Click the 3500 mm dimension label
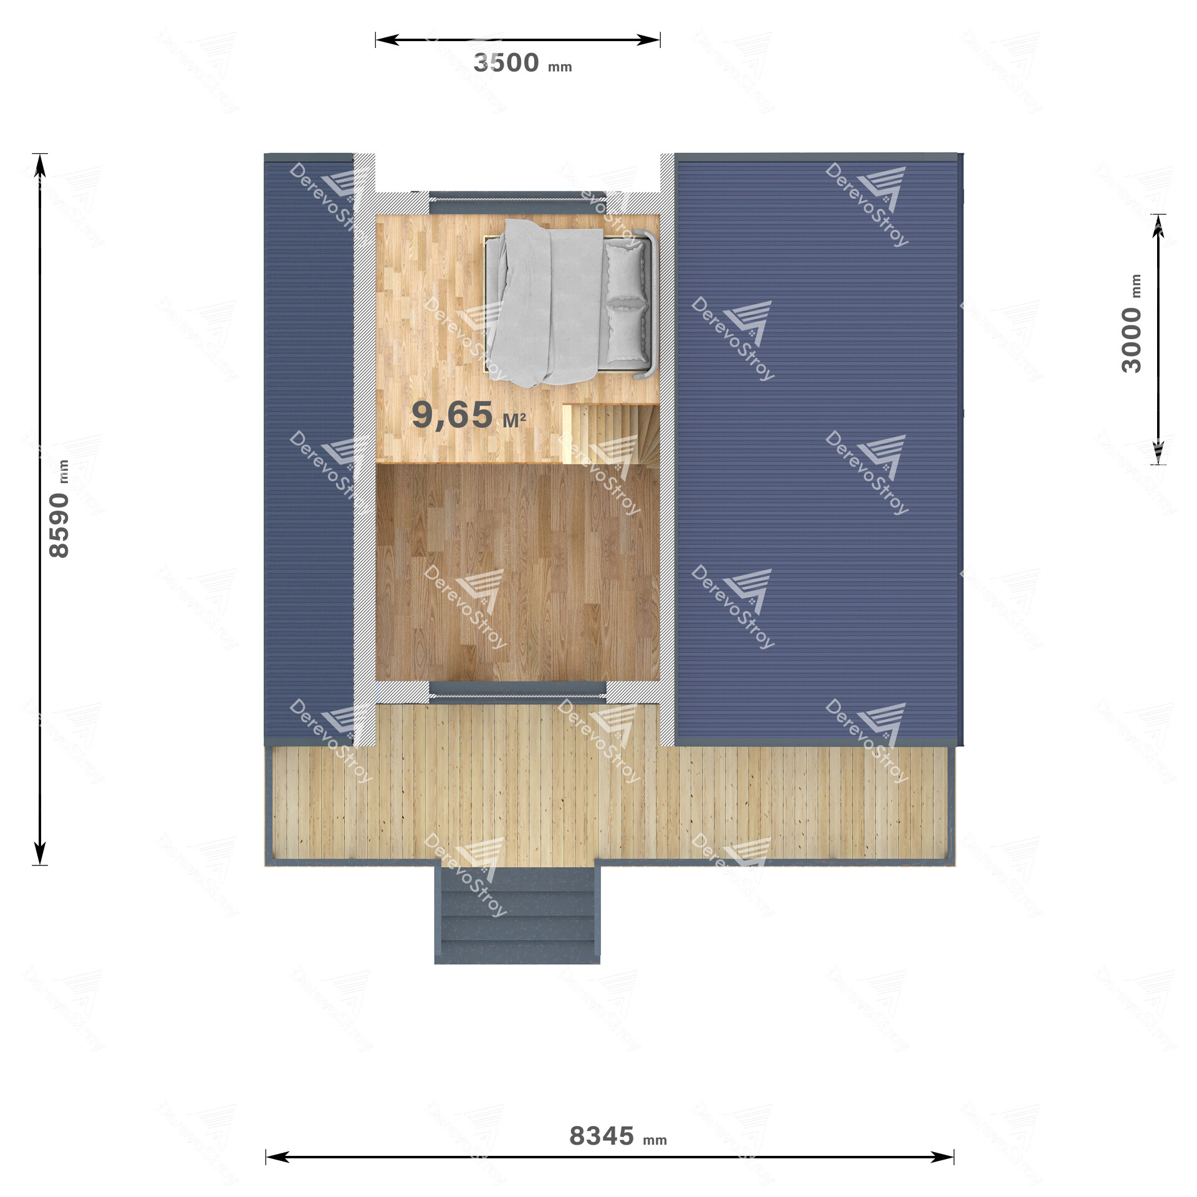click(522, 63)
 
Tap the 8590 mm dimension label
click(60, 509)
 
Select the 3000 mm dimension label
click(1132, 324)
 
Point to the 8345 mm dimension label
click(618, 1136)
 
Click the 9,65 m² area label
click(469, 415)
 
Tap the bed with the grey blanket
click(569, 303)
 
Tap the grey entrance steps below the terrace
click(517, 914)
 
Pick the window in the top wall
click(517, 203)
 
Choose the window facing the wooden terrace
click(517, 692)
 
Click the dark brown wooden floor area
click(517, 572)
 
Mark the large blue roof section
click(819, 449)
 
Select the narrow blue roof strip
click(309, 449)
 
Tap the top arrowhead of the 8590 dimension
click(40, 165)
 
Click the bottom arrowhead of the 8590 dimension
click(40, 853)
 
